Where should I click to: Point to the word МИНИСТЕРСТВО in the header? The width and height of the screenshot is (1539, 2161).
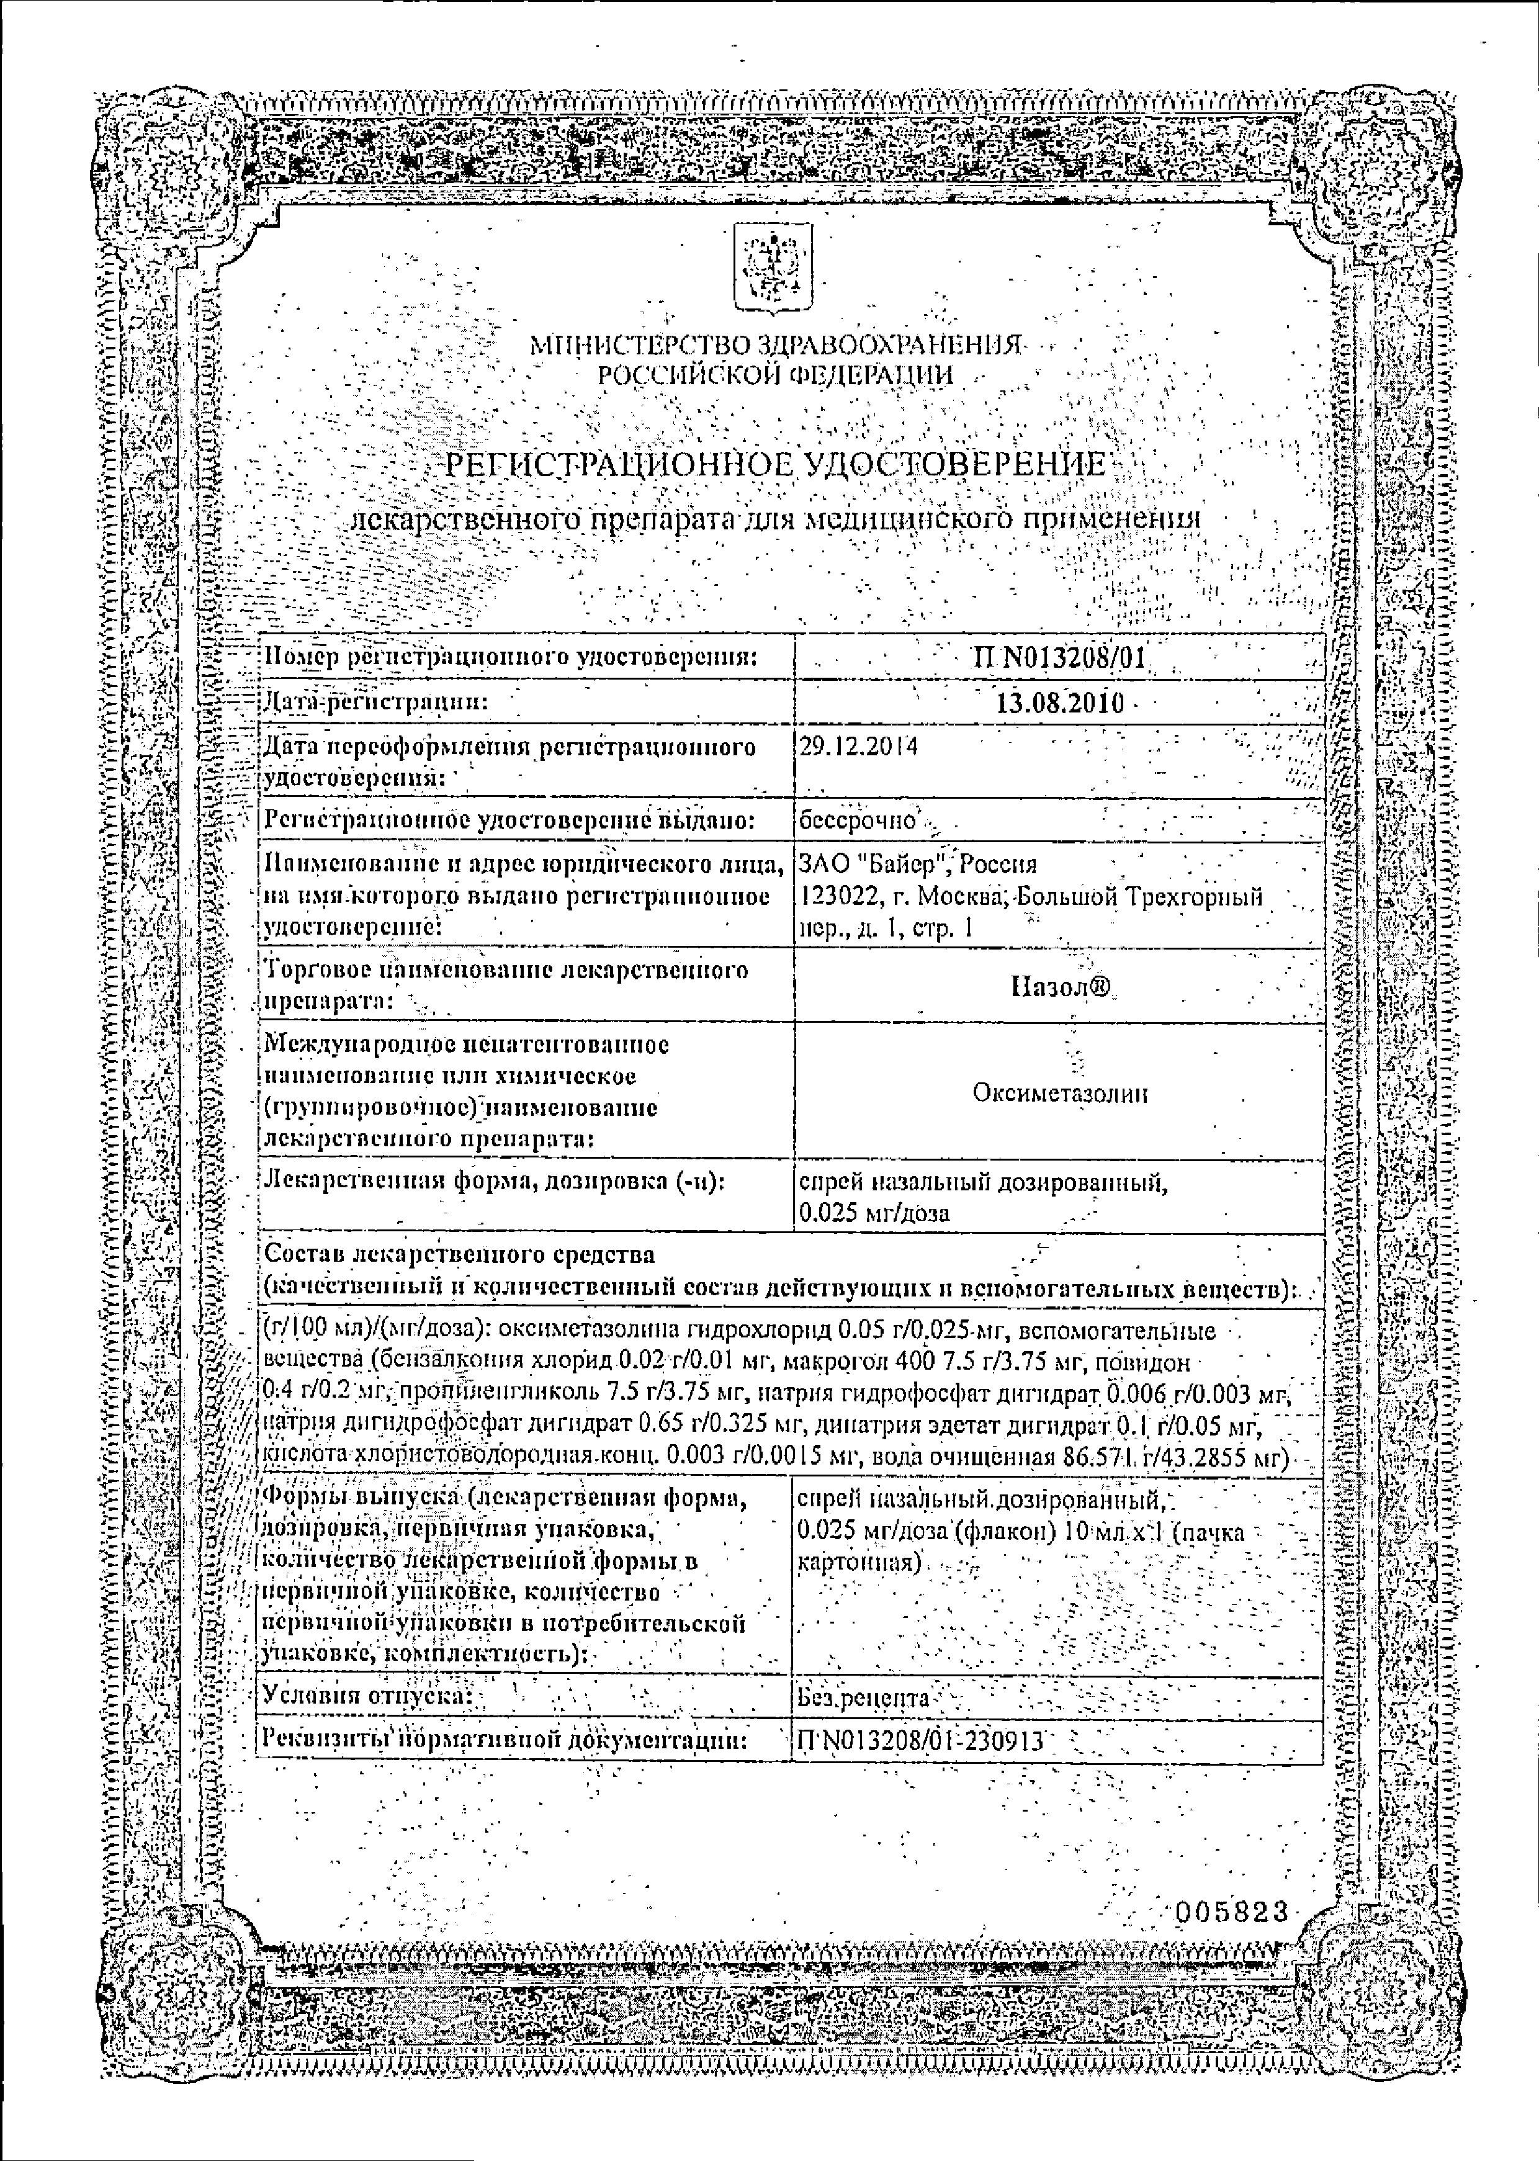click(638, 346)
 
